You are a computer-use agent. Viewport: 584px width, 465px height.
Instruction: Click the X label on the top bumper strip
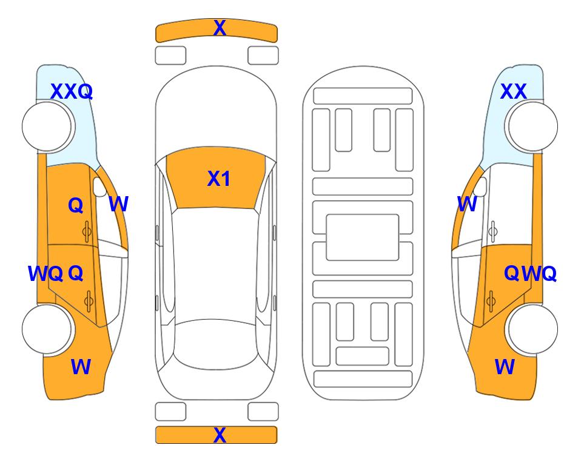[220, 28]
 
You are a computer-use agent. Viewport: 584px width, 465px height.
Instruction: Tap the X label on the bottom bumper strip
[220, 435]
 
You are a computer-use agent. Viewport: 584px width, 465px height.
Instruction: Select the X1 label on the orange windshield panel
[219, 179]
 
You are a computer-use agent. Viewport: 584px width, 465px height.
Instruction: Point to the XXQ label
[71, 91]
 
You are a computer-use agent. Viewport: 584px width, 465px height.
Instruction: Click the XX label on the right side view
[513, 91]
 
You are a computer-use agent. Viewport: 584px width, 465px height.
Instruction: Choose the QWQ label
[530, 274]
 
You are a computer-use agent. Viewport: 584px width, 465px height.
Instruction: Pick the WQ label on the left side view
[45, 274]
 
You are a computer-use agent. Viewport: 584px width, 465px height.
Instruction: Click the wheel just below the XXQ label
[47, 127]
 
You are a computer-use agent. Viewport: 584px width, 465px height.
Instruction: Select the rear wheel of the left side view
[47, 329]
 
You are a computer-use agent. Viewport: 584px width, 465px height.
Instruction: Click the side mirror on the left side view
[99, 186]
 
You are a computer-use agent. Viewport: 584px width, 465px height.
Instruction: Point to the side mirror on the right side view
[481, 186]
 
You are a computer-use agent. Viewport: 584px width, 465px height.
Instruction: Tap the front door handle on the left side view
[87, 232]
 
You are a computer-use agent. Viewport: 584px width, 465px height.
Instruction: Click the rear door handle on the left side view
[89, 301]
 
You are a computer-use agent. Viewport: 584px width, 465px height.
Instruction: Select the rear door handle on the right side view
[491, 301]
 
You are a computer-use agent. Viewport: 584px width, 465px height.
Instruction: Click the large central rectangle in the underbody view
[363, 237]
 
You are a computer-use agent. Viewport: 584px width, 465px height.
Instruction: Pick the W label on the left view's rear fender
[81, 367]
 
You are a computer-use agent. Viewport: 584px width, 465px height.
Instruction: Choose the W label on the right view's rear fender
[505, 367]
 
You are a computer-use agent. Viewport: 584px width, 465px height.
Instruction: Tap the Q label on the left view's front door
[76, 205]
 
